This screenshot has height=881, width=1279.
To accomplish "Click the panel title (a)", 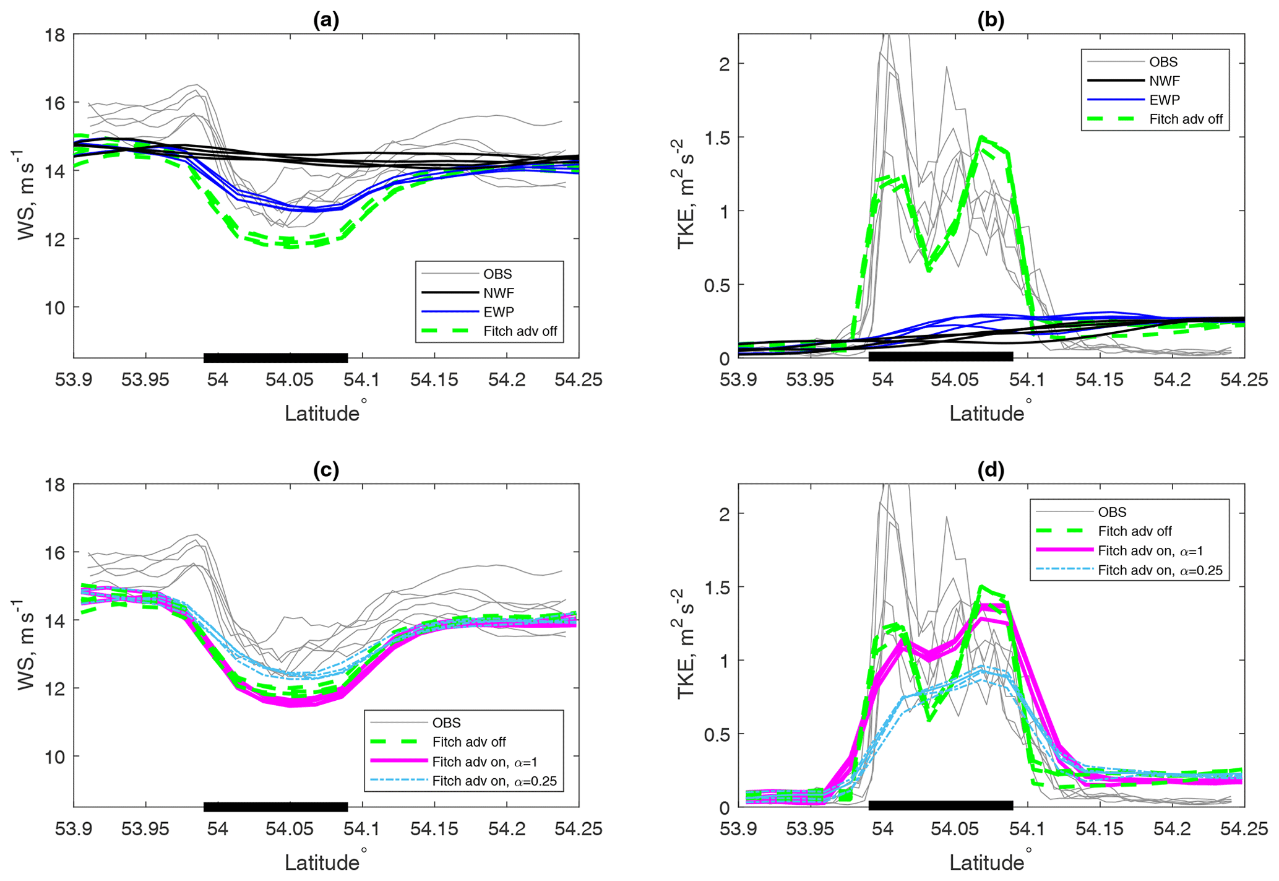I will (x=326, y=20).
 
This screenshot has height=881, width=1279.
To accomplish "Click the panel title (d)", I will (x=991, y=470).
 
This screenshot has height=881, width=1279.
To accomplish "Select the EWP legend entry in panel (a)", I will (x=498, y=312).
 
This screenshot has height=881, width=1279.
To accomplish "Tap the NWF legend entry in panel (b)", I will (x=1164, y=81).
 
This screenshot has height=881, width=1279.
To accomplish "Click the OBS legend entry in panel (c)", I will (x=446, y=723).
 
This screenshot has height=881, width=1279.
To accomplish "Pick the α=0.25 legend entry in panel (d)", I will (x=1160, y=570).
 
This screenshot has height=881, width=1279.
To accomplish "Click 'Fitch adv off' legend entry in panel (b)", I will (x=1186, y=119).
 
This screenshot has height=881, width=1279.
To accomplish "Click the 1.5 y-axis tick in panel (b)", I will (x=717, y=137).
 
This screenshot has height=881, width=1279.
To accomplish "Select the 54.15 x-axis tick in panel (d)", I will (x=1099, y=828).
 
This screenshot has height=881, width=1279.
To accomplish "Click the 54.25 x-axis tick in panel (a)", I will (x=579, y=380).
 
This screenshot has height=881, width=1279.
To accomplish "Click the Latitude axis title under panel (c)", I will (x=322, y=862).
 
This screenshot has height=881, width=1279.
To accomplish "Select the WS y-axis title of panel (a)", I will (x=26, y=196).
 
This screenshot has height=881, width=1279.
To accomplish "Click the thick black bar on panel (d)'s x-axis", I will (x=941, y=805).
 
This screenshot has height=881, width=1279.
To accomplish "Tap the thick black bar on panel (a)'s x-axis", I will (x=275, y=357).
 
